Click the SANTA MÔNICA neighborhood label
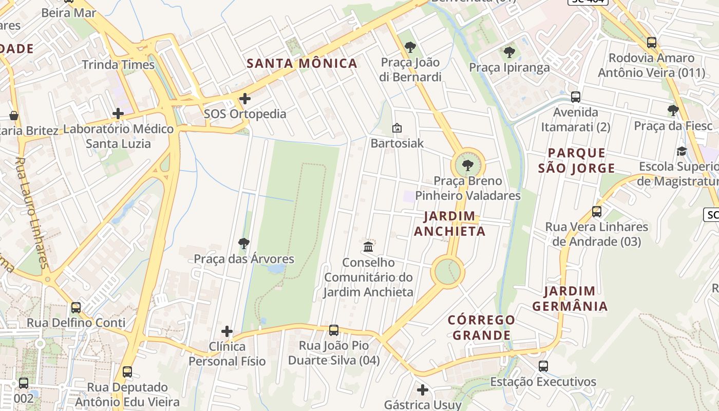point(302,64)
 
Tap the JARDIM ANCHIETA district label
point(450,223)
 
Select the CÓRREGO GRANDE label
point(481,327)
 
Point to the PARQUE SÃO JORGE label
point(576,160)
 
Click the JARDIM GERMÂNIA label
point(570,299)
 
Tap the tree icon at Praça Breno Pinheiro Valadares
point(467,165)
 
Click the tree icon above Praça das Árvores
point(244,243)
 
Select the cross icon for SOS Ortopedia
point(245,98)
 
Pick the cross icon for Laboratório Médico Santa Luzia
point(118,114)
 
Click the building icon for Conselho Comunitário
point(368,247)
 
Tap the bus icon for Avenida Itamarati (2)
point(576,97)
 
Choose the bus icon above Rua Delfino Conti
point(76,307)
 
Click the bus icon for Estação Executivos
point(543,366)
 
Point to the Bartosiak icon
point(397,128)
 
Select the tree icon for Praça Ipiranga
point(509,52)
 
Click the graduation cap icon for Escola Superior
point(682,151)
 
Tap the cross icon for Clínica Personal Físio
point(227,331)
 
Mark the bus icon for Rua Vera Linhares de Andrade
point(596,211)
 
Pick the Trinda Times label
point(118,65)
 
